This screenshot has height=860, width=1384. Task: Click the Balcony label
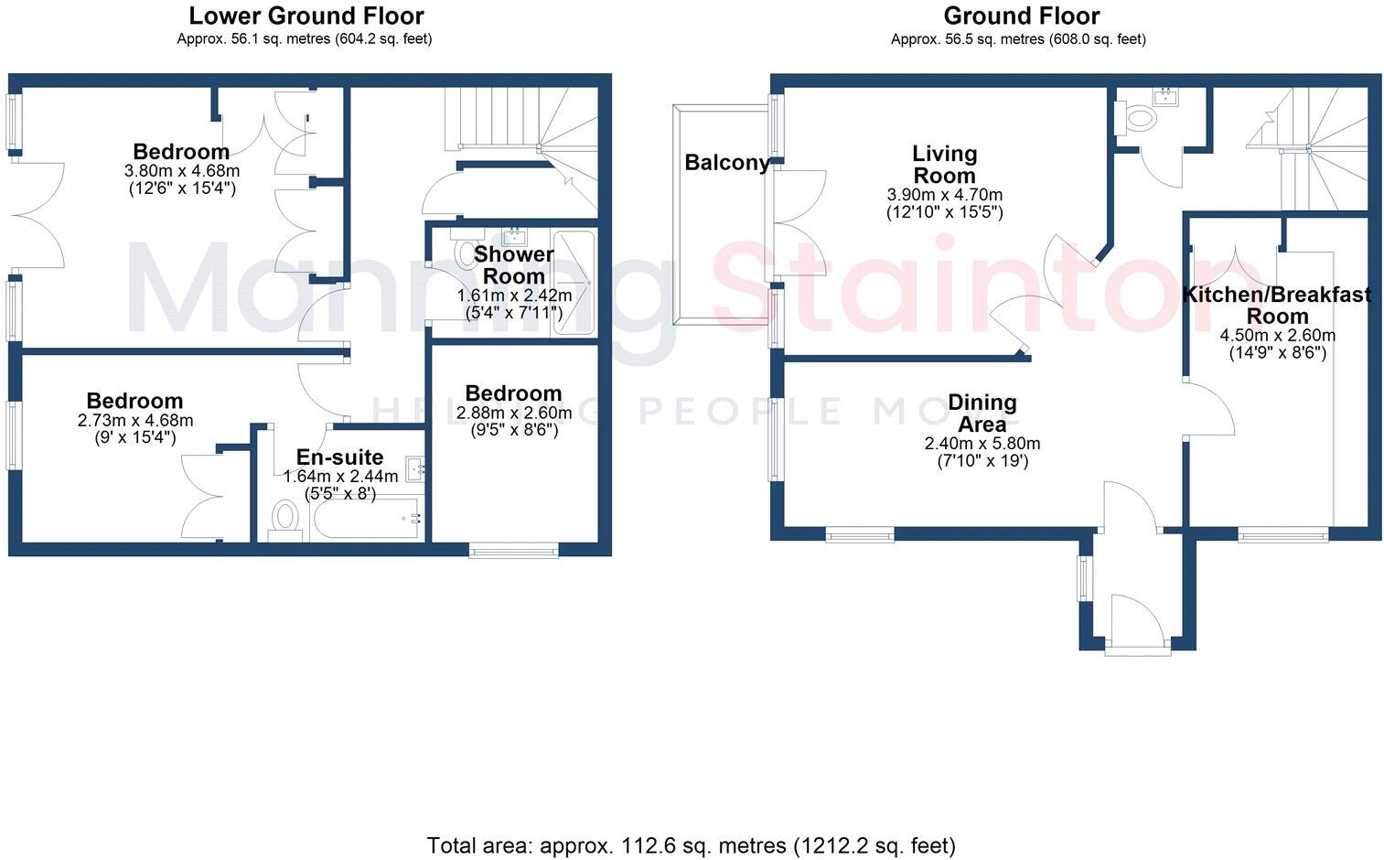(727, 163)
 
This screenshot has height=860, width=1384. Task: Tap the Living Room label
(944, 165)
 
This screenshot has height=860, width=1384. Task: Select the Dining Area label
(982, 414)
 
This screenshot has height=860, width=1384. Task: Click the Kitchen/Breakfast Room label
(1277, 305)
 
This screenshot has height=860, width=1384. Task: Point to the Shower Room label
(513, 265)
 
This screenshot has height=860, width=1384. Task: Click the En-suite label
(339, 457)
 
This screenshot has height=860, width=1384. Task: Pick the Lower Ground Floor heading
(306, 16)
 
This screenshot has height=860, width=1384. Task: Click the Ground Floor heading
(1021, 16)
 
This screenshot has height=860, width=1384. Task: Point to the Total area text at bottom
(691, 845)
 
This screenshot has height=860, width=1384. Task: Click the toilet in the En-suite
(286, 520)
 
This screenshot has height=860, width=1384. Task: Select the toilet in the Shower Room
(467, 252)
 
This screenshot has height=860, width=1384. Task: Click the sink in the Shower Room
(515, 236)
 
